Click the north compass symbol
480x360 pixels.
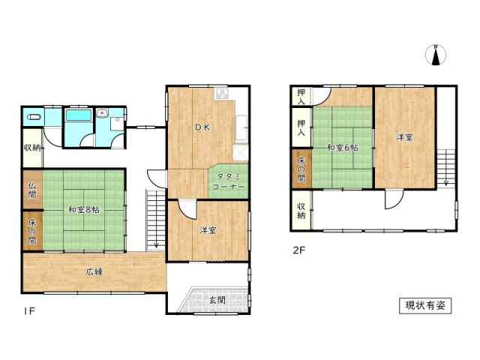click(x=436, y=55)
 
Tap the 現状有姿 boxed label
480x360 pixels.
click(x=425, y=305)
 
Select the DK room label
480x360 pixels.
click(x=202, y=127)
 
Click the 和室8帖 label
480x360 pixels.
click(x=83, y=210)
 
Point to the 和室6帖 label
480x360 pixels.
click(x=343, y=148)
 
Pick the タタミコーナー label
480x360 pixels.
click(x=228, y=181)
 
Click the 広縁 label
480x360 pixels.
click(x=94, y=271)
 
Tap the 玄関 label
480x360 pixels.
click(x=217, y=300)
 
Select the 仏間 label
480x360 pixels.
click(x=31, y=190)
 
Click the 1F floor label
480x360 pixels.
click(x=30, y=311)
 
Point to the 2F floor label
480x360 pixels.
click(x=299, y=250)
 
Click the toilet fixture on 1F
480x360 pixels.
click(x=34, y=117)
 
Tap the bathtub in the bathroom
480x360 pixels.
click(x=79, y=115)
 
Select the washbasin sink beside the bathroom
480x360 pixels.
click(x=102, y=113)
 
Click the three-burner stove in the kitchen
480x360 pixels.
click(x=222, y=94)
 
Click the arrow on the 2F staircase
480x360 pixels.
click(x=446, y=168)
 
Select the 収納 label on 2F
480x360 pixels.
click(x=301, y=211)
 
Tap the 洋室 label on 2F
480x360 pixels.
click(x=405, y=138)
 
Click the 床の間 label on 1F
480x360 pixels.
click(x=31, y=232)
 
